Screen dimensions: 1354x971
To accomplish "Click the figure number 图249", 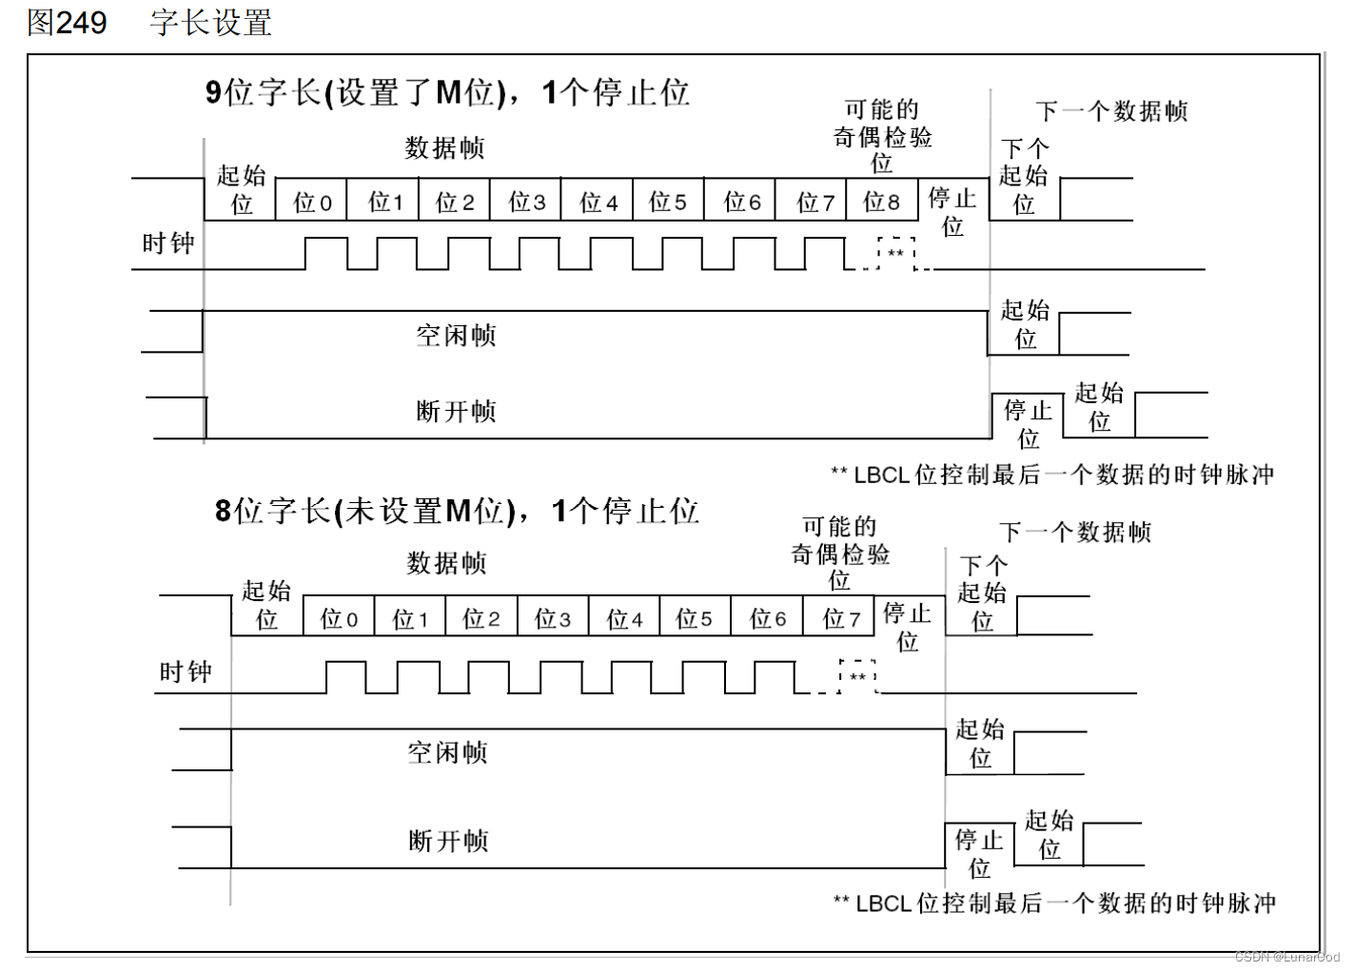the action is click(x=67, y=23).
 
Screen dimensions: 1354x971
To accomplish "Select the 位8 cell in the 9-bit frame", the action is click(x=881, y=202).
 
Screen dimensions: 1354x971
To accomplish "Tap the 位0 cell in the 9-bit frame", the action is click(x=312, y=202).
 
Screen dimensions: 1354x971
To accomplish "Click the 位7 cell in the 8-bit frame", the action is click(x=841, y=619).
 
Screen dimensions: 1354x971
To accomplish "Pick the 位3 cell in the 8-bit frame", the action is click(x=552, y=619).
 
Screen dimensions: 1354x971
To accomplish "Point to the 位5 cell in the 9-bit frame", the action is click(x=667, y=202).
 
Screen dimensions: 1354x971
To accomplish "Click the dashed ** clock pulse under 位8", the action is click(x=895, y=254).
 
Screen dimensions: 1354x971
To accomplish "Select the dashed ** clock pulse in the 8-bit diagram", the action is click(x=857, y=676).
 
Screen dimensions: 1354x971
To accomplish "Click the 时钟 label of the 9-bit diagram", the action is click(x=168, y=243).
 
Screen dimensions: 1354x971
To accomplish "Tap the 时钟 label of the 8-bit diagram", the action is click(x=186, y=672).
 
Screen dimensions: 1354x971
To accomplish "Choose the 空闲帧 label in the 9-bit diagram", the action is click(x=456, y=336).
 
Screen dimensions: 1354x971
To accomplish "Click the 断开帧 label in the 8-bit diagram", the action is click(x=448, y=842).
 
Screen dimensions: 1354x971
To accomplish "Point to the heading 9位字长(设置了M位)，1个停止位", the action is click(x=447, y=93).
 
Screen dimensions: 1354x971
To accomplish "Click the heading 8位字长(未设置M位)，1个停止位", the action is click(x=457, y=512).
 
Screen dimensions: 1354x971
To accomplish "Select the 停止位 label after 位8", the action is click(x=952, y=211).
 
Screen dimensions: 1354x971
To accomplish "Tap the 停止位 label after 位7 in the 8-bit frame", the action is click(x=907, y=627).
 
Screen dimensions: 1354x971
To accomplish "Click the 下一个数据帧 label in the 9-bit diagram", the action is click(x=1111, y=111).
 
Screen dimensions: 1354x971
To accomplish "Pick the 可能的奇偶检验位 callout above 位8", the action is click(x=882, y=136).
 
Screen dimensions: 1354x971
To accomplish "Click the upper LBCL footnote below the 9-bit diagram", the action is click(x=1052, y=475).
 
